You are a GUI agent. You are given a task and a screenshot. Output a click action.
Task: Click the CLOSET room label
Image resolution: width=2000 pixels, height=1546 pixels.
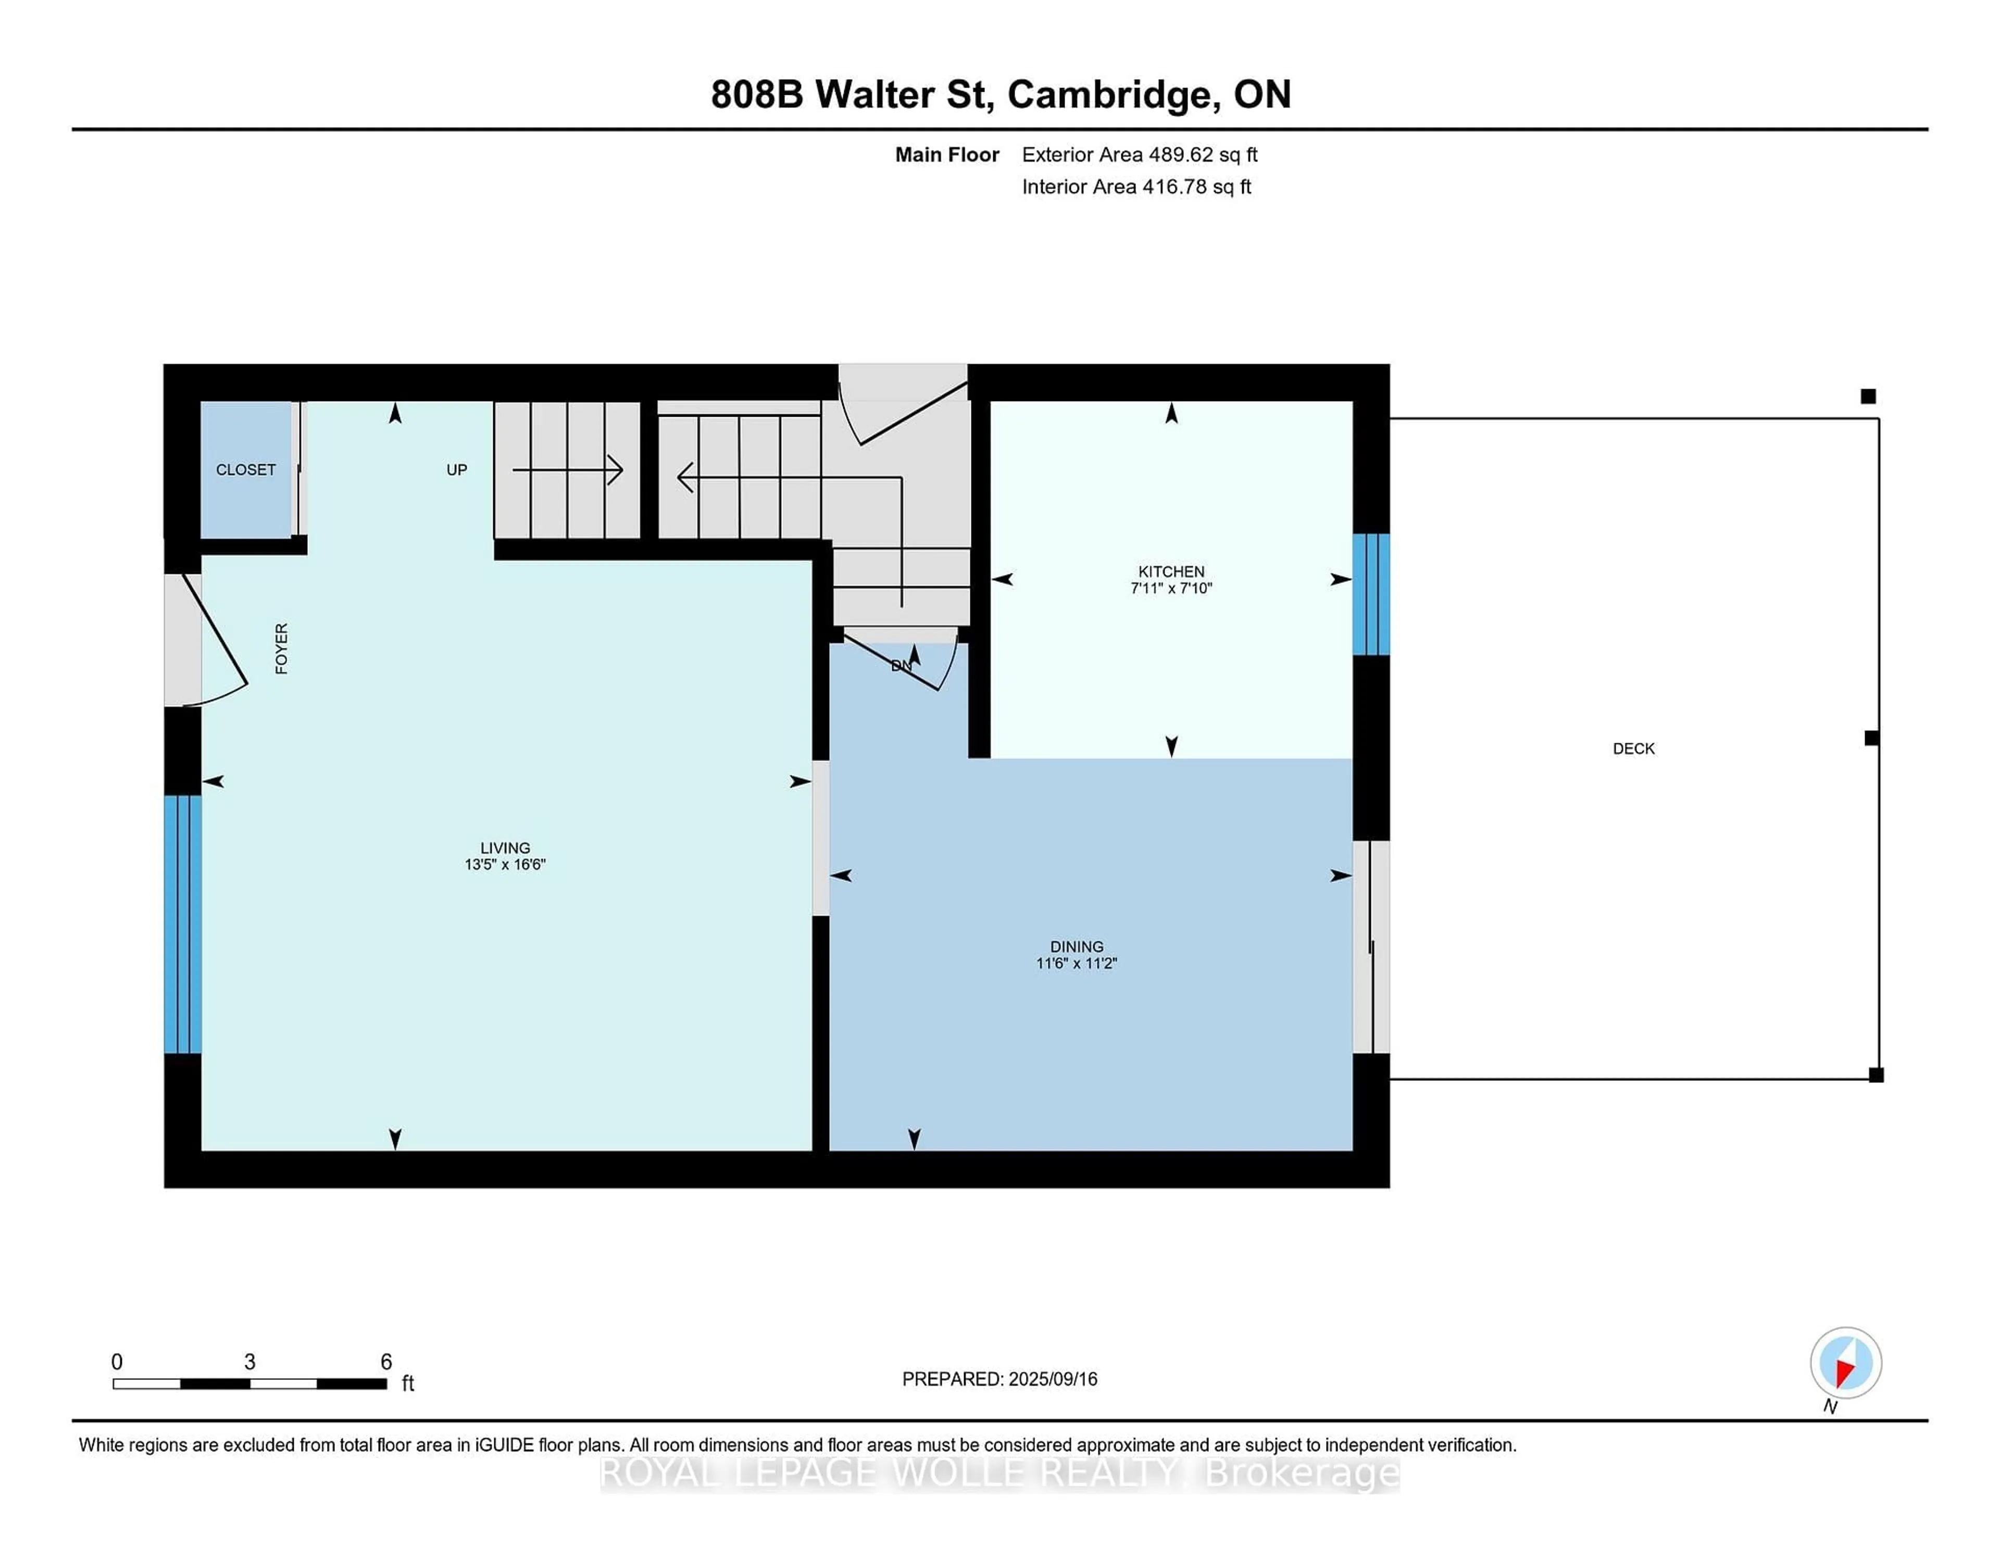tap(245, 470)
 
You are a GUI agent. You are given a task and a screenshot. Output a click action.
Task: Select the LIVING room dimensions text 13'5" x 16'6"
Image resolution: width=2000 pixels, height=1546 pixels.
tap(505, 864)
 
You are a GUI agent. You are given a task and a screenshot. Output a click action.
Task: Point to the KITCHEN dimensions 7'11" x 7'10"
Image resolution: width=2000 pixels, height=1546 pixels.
tap(1171, 588)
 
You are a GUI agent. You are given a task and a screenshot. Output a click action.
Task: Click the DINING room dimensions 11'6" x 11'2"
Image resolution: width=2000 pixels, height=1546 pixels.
tap(1077, 963)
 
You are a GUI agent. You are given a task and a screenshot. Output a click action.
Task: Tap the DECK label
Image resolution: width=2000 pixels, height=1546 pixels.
tap(1634, 749)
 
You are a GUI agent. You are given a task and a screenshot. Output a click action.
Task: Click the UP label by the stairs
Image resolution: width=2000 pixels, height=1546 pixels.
tap(457, 470)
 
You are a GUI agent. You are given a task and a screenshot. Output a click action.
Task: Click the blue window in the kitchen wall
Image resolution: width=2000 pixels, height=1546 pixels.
tap(1371, 594)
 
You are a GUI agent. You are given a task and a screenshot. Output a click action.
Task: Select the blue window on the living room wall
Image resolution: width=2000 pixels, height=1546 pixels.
tap(183, 924)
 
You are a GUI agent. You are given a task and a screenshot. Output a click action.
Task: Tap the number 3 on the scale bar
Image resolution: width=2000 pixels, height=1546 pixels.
tap(249, 1362)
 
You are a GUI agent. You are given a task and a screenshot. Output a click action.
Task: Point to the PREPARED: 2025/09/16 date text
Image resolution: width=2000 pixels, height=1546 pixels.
tap(999, 1378)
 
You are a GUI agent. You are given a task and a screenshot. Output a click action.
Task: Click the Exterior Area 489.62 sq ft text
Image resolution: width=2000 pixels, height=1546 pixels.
tap(1139, 155)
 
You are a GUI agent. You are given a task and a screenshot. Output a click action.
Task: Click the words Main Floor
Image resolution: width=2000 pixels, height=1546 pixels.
tap(947, 155)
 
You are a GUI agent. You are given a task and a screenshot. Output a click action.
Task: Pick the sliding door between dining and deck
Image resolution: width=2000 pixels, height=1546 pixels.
tap(1371, 947)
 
